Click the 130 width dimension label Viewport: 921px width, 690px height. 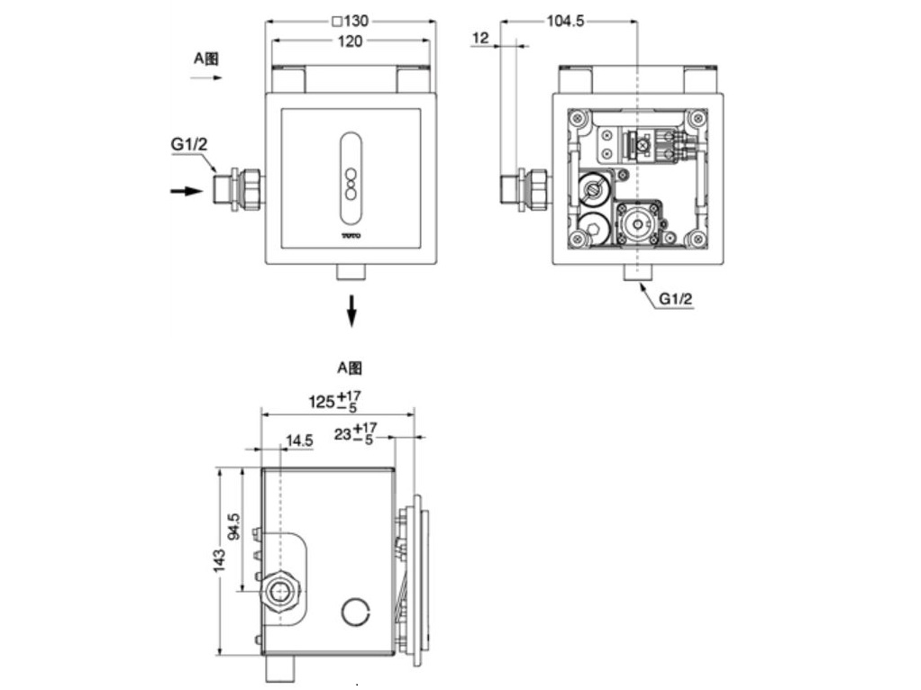point(350,21)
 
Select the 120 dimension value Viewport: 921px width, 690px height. point(351,42)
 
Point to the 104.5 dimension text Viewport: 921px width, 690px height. point(566,21)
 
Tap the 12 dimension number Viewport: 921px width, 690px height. point(480,37)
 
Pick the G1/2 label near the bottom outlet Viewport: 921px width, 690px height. point(676,298)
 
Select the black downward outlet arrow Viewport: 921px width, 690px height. point(352,310)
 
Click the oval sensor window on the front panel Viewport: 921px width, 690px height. point(351,180)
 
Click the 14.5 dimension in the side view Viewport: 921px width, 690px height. point(299,440)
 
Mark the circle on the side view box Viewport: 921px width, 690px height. point(355,612)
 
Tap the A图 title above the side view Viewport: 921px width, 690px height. point(350,368)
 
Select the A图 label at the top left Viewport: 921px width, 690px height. point(206,59)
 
